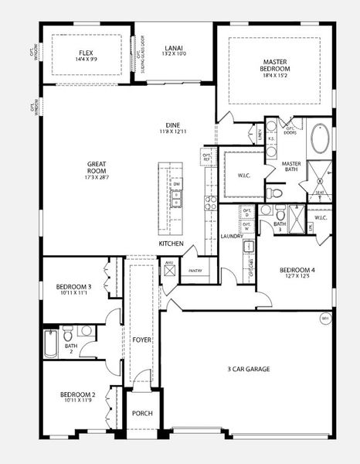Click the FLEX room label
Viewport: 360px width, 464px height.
click(x=86, y=53)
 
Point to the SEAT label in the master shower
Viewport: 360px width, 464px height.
click(x=319, y=192)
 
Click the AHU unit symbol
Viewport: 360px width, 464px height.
click(x=168, y=263)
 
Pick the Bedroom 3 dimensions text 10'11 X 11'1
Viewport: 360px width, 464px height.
click(x=73, y=294)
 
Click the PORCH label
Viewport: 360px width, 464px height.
click(x=142, y=413)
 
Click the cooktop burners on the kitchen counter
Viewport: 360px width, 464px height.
click(x=210, y=203)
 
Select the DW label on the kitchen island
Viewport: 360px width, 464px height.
click(x=176, y=184)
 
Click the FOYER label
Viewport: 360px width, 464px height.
click(x=141, y=339)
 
